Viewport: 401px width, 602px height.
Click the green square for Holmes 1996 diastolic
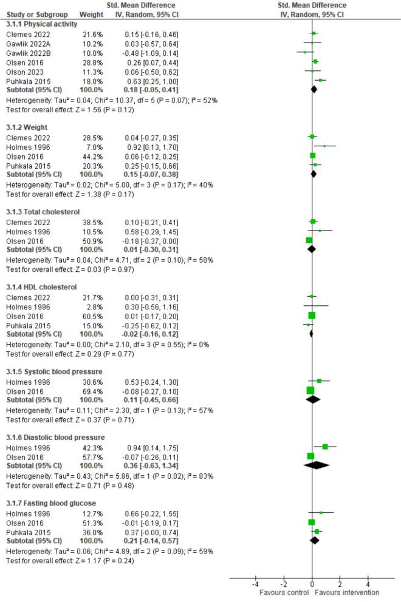pos(325,447)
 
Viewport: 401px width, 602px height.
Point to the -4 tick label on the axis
pos(255,583)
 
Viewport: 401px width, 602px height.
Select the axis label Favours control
pos(284,592)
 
